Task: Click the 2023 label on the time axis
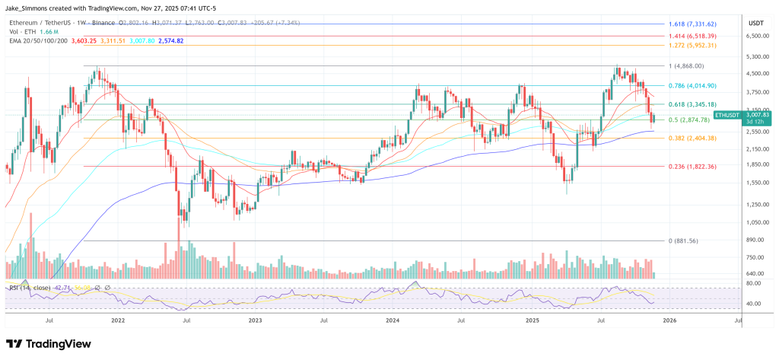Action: tap(255, 321)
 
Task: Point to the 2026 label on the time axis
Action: tap(669, 321)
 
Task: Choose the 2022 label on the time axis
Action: tap(118, 321)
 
